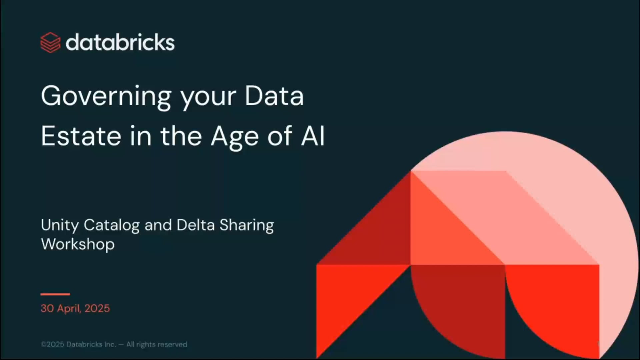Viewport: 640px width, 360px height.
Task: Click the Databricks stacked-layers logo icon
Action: [x=50, y=43]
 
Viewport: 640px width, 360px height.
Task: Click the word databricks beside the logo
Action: [x=120, y=42]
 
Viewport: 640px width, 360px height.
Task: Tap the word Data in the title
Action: [x=274, y=96]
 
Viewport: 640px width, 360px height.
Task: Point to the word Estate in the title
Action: [x=81, y=136]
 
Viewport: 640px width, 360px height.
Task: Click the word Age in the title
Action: [x=235, y=137]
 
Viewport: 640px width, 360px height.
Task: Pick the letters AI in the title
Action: [x=313, y=136]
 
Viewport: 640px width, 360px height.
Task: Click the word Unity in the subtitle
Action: [x=60, y=226]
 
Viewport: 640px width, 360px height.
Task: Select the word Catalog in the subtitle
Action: [x=111, y=226]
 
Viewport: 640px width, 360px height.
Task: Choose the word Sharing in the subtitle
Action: [x=247, y=226]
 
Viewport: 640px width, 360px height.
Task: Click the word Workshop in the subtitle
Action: [x=78, y=244]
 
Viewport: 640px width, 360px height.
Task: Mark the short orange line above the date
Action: [x=55, y=294]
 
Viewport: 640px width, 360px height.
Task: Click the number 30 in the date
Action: [x=47, y=308]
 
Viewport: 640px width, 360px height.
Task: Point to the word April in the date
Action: [x=69, y=309]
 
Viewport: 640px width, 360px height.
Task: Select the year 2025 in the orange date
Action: [x=97, y=308]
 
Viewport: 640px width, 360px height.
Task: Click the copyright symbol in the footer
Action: [x=43, y=344]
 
